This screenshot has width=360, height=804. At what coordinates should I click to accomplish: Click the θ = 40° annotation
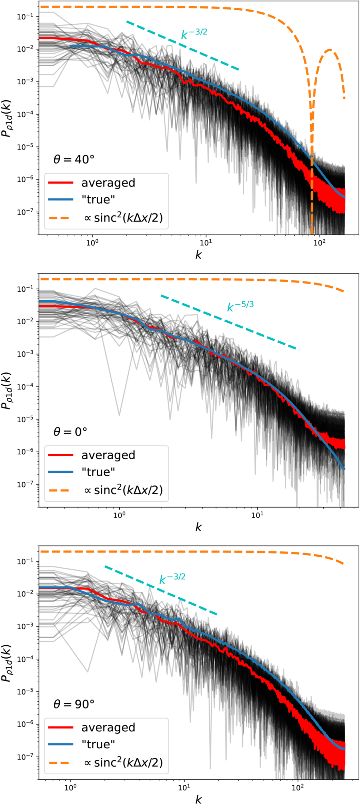click(x=74, y=159)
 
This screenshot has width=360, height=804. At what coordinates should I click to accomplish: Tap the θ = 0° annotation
click(x=70, y=432)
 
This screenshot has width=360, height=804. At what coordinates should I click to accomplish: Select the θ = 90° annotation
click(x=74, y=704)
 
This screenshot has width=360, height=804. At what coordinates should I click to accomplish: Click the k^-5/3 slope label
click(x=240, y=306)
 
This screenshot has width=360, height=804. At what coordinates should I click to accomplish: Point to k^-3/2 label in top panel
click(x=194, y=34)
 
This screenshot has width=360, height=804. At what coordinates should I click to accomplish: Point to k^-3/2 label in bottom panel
click(x=172, y=579)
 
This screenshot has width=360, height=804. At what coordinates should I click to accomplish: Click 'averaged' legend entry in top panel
click(x=108, y=183)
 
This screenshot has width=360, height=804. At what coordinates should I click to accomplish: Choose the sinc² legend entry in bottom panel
click(x=123, y=763)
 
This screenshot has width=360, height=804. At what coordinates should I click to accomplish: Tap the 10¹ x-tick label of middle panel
click(x=257, y=515)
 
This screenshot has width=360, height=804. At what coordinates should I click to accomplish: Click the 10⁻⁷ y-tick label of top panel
click(x=25, y=212)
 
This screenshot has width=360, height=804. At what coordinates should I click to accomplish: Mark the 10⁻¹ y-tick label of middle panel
click(x=25, y=289)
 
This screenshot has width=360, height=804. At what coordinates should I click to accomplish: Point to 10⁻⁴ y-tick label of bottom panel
click(x=25, y=659)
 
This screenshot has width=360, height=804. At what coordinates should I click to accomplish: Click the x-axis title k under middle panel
click(x=198, y=527)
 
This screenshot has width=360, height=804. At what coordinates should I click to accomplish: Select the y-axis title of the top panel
click(x=7, y=118)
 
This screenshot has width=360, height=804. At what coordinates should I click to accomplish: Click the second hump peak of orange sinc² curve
click(x=329, y=50)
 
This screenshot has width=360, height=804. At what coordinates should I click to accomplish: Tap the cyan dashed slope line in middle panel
click(x=229, y=322)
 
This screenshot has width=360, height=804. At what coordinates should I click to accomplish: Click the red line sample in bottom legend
click(x=61, y=727)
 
